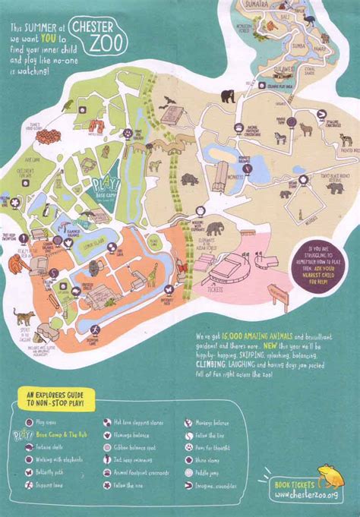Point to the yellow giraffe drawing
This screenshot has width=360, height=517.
152,271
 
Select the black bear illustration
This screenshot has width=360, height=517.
227,96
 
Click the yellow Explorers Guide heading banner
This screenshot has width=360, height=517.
57,398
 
